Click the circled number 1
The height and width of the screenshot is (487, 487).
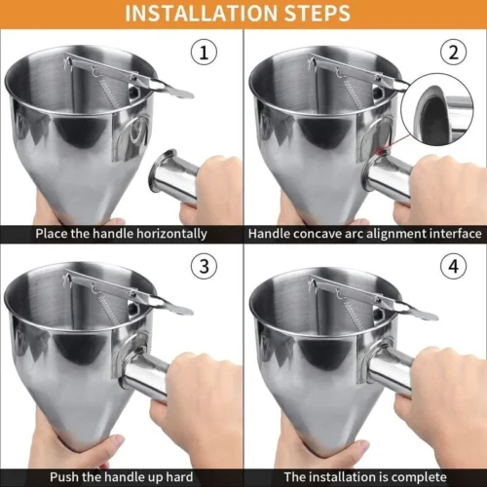[203, 53]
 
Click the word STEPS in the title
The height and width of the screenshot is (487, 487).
[316, 14]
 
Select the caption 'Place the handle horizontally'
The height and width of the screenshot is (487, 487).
[121, 234]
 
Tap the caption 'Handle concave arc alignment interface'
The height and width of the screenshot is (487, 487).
[364, 234]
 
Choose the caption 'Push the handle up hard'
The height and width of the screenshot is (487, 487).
[121, 477]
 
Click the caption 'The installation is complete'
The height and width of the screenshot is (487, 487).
[364, 477]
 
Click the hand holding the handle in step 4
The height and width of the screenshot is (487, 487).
[443, 390]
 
